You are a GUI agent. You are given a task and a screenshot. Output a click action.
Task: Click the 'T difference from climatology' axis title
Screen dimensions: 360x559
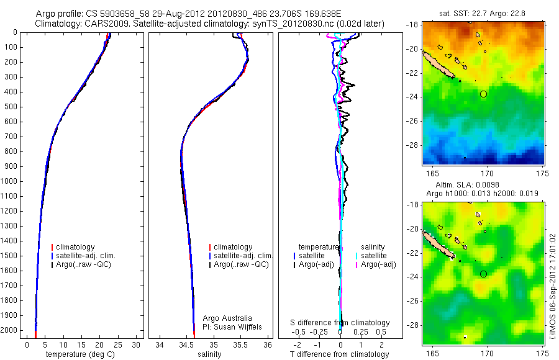tap(340, 354)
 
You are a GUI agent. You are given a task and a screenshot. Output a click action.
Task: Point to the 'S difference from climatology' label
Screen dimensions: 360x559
tap(340, 323)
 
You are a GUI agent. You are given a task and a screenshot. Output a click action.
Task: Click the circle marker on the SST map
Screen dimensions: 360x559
tap(483, 94)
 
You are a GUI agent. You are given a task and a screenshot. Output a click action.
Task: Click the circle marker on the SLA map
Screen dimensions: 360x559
tap(483, 274)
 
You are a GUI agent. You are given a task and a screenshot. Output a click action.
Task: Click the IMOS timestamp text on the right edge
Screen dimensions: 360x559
tap(552, 286)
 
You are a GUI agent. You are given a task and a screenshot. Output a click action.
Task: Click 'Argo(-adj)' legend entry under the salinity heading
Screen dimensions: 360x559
tap(378, 265)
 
